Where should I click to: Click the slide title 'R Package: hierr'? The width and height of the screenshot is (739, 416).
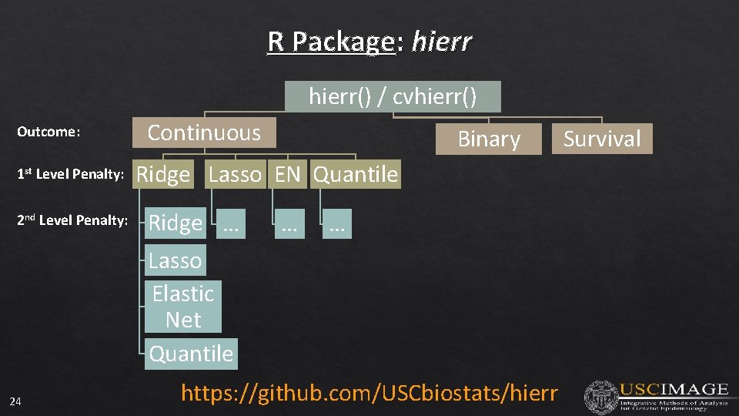[x=369, y=41]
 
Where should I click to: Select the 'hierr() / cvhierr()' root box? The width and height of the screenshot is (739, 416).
[x=393, y=97]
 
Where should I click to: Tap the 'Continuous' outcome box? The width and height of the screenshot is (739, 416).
[x=204, y=133]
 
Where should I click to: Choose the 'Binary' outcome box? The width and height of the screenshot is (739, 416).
[x=489, y=139]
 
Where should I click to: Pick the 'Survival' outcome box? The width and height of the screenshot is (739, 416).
[x=602, y=139]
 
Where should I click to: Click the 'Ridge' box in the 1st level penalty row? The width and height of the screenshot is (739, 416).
[x=163, y=175]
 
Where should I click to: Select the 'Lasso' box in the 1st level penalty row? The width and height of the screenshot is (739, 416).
[x=235, y=175]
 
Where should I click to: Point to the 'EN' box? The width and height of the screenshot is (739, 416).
[x=288, y=175]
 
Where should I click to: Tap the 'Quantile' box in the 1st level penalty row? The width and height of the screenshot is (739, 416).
[x=356, y=175]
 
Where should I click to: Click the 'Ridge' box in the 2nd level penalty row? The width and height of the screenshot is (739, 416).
[x=176, y=223]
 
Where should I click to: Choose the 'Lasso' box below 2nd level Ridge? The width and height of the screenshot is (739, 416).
[x=176, y=260]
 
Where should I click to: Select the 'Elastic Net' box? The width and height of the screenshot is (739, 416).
[x=183, y=306]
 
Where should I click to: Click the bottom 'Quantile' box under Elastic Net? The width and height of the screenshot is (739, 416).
[x=191, y=354]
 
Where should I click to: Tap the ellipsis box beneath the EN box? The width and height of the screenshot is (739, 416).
[x=289, y=224]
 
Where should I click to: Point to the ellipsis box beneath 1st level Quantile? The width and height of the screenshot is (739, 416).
[x=336, y=224]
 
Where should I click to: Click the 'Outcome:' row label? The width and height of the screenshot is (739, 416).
[x=48, y=132]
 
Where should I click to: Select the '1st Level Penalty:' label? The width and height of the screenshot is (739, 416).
[x=71, y=175]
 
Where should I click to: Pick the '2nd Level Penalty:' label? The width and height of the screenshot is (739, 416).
[x=72, y=220]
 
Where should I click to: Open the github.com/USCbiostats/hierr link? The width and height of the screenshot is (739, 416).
[x=369, y=393]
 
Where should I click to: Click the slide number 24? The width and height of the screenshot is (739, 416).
[x=15, y=401]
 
